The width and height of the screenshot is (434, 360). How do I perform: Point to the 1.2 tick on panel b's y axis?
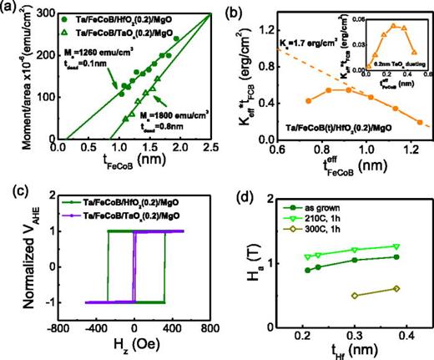(265, 28)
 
